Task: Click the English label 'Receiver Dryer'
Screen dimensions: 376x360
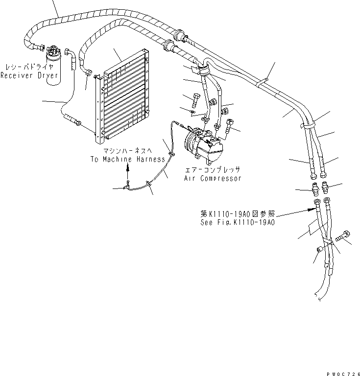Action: pyautogui.click(x=29, y=75)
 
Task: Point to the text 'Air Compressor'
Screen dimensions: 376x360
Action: pyautogui.click(x=213, y=179)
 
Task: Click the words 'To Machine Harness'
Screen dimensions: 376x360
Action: pyautogui.click(x=127, y=160)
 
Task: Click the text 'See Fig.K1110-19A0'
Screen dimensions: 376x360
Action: pyautogui.click(x=238, y=222)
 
